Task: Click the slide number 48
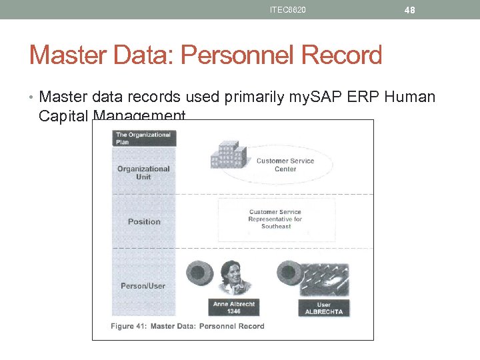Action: [410, 10]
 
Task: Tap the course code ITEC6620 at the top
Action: [288, 10]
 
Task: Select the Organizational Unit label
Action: [143, 173]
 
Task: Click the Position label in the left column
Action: [144, 221]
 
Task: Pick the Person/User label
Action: [143, 286]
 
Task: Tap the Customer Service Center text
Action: [285, 165]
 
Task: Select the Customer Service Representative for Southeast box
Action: [275, 219]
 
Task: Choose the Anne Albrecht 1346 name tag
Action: [234, 307]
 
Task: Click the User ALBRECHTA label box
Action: [324, 308]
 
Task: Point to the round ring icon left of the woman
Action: [199, 273]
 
